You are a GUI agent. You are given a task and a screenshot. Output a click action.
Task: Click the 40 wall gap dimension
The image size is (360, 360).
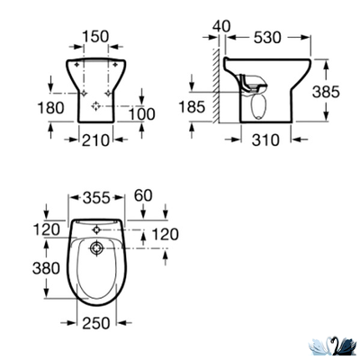click(x=222, y=26)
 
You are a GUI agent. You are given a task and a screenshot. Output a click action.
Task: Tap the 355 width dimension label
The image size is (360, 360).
click(x=94, y=196)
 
